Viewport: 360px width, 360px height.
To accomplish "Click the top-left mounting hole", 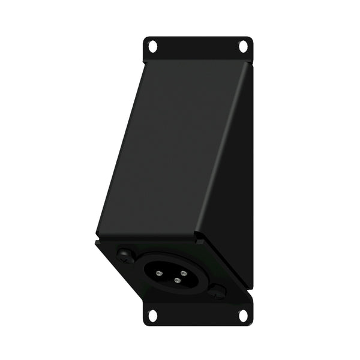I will [x=152, y=45].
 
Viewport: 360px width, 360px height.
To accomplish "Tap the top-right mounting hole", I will [x=244, y=45].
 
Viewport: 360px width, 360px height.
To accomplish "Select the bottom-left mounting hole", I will [x=152, y=314].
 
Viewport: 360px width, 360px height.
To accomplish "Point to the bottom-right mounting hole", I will [x=244, y=314].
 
